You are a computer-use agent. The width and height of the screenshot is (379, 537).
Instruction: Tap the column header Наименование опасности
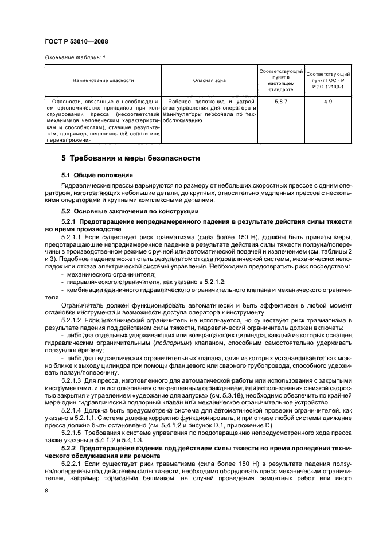[x=103, y=80]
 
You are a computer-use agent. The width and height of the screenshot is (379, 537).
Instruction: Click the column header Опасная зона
[x=209, y=80]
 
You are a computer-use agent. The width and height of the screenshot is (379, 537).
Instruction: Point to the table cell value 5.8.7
[x=282, y=102]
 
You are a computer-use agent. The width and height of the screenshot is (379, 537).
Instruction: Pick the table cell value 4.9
[x=328, y=102]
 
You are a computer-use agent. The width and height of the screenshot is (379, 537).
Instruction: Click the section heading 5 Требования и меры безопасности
[x=131, y=157]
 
